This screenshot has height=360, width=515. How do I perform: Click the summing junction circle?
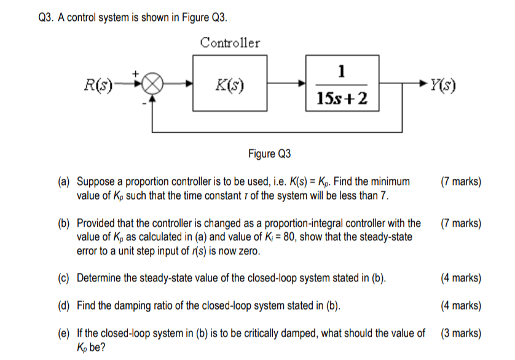click(154, 84)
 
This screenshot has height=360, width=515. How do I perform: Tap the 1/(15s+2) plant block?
click(342, 84)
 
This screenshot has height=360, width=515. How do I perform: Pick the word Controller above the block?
click(230, 43)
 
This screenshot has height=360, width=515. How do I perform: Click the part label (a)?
click(65, 182)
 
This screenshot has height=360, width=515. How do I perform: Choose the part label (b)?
click(65, 223)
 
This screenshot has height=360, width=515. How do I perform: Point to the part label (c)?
click(65, 278)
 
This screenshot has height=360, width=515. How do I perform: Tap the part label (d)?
click(65, 306)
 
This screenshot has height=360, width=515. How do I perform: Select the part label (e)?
click(65, 334)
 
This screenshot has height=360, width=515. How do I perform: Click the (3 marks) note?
click(461, 334)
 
